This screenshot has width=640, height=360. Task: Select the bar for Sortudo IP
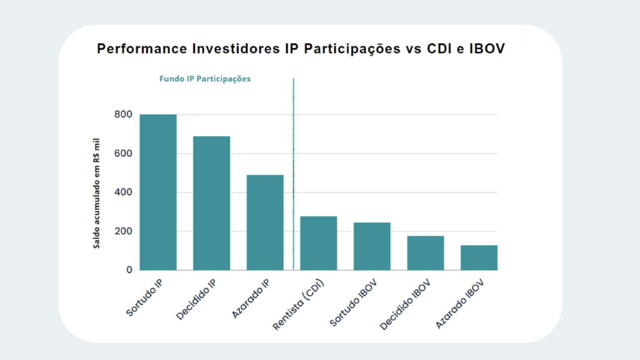point(158,192)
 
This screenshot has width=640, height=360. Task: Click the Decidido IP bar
point(211,203)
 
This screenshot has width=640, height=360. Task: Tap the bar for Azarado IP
point(265,222)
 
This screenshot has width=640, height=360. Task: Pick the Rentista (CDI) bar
point(318,243)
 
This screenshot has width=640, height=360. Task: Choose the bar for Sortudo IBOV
point(372,246)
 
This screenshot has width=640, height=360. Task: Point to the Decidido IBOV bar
point(425,253)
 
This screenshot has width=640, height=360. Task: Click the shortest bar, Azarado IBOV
point(479,257)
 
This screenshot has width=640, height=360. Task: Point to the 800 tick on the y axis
point(123,114)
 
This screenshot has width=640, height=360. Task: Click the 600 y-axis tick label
point(123,153)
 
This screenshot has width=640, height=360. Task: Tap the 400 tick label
point(123,192)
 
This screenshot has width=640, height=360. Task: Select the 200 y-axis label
point(123,231)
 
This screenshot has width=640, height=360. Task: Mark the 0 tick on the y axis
point(129,270)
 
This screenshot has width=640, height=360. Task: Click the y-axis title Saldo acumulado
point(97,193)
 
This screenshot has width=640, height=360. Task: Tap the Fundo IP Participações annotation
point(205,79)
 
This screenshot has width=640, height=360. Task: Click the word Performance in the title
point(142,49)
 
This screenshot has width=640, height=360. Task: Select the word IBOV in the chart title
point(487,49)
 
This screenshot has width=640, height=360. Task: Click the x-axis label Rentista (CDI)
point(298,305)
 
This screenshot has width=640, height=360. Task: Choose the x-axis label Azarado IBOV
point(460,304)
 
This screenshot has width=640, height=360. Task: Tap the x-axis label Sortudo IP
point(144,298)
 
